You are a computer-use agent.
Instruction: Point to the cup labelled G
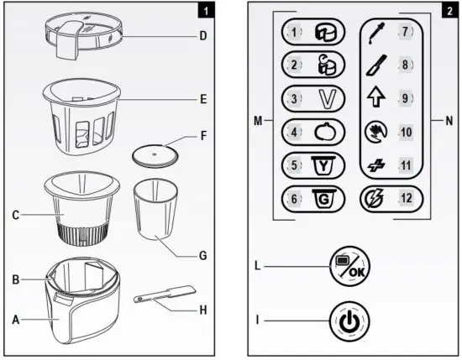tap(157, 209)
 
